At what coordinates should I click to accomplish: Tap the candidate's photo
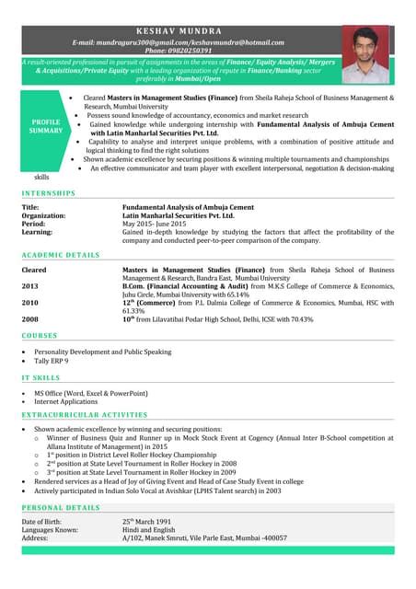point(365,54)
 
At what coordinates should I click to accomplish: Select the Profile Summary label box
point(46,126)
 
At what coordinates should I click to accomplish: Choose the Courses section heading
point(40,336)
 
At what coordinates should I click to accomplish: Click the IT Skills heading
point(41,377)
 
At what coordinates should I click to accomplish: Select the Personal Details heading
point(61,507)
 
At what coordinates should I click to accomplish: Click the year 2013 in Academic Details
point(30,286)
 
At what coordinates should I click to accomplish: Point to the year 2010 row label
point(30,302)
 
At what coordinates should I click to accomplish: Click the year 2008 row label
point(30,318)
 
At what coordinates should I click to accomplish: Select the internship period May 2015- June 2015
point(154,224)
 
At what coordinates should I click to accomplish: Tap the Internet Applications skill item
point(66,401)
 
